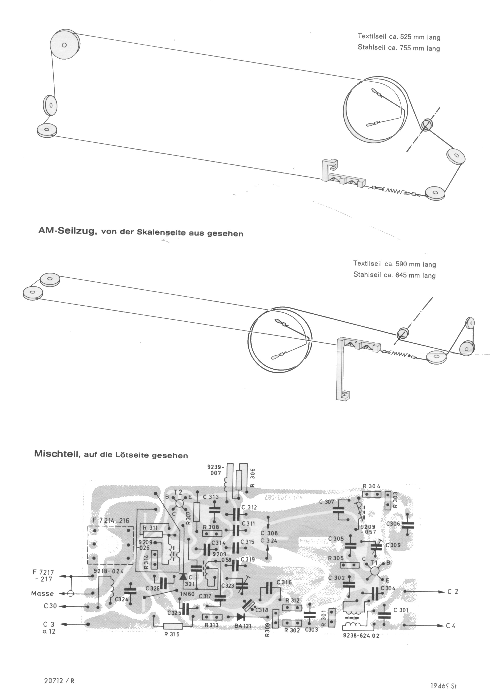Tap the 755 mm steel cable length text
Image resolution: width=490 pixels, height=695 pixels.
tap(399, 48)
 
